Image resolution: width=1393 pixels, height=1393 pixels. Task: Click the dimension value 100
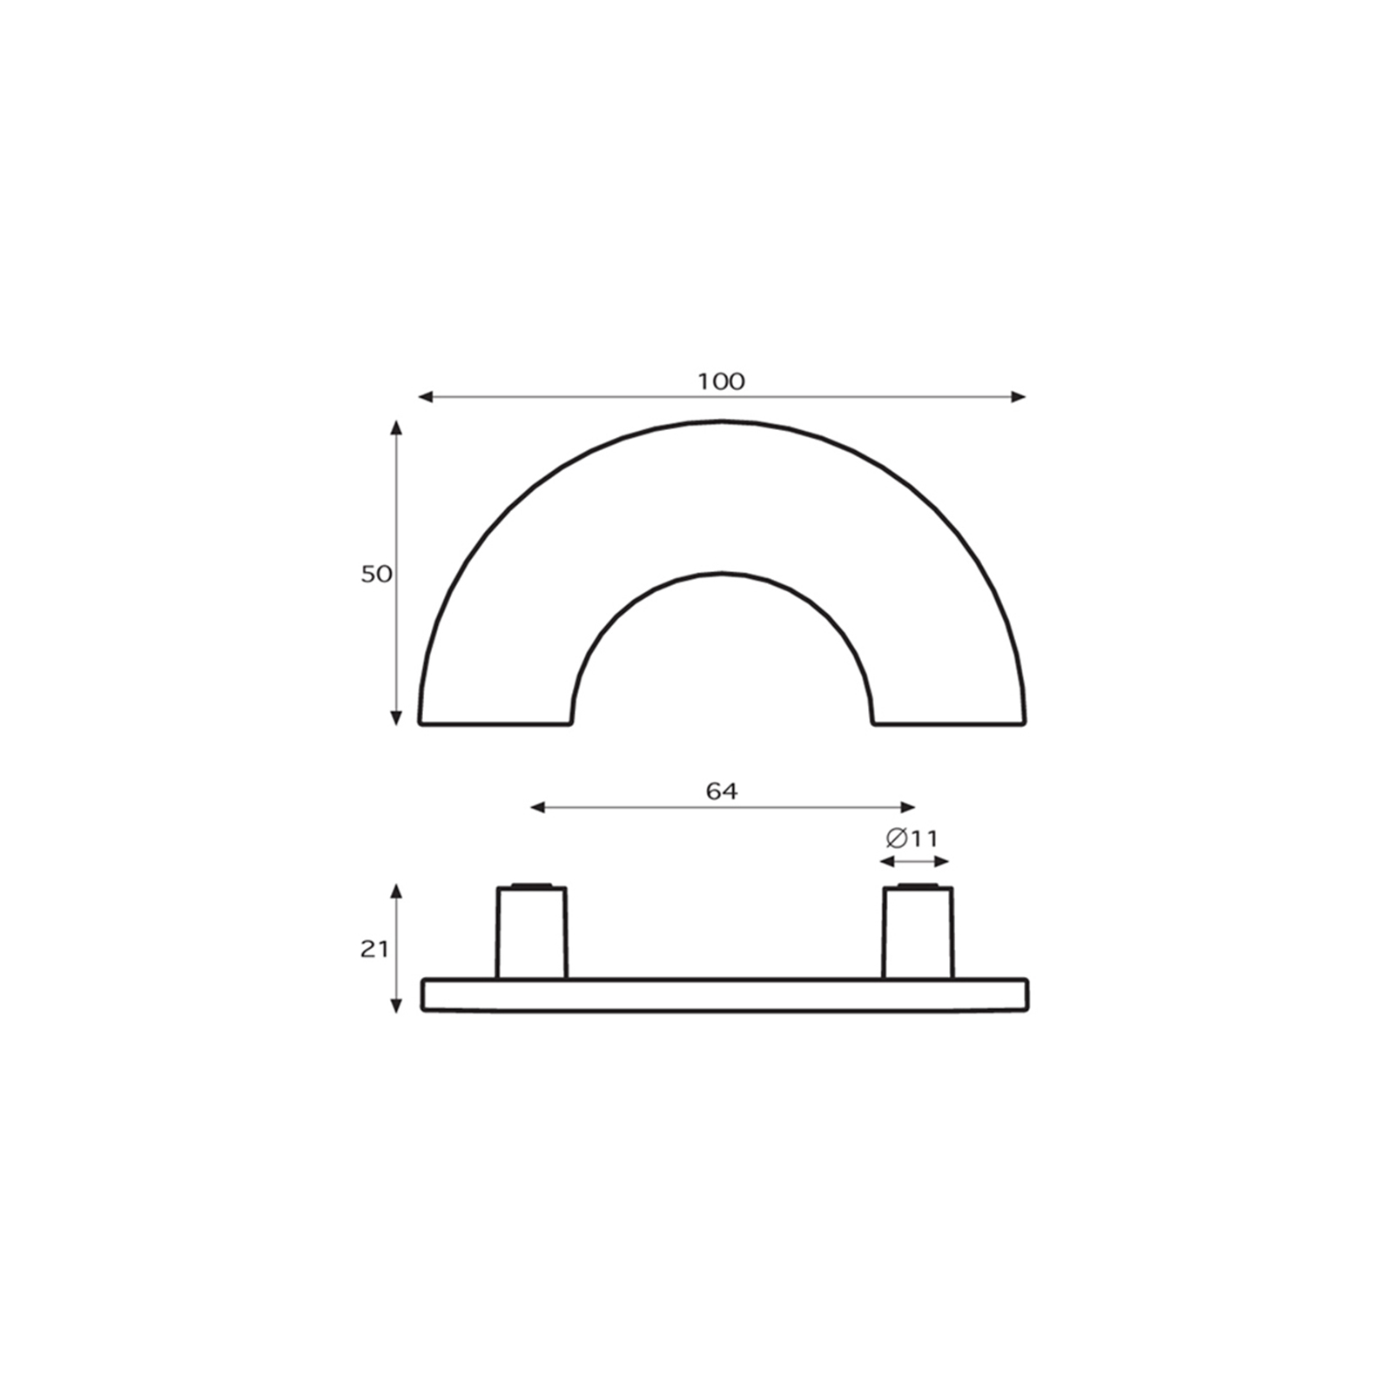pyautogui.click(x=721, y=381)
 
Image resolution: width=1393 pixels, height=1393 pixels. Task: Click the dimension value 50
pyautogui.click(x=376, y=575)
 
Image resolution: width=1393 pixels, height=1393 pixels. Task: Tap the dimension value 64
pyautogui.click(x=722, y=791)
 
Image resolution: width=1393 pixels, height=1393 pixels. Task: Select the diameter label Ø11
pyautogui.click(x=912, y=838)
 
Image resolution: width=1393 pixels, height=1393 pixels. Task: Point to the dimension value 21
pyautogui.click(x=374, y=950)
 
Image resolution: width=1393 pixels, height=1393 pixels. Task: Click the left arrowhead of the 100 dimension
pyautogui.click(x=425, y=397)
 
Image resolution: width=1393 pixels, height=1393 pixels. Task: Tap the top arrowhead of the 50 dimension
pyautogui.click(x=396, y=427)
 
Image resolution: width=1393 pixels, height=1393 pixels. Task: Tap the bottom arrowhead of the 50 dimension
pyautogui.click(x=396, y=718)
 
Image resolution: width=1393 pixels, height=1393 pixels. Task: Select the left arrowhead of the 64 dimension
pyautogui.click(x=537, y=808)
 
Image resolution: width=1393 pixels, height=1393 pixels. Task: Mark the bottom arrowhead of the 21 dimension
pyautogui.click(x=396, y=1006)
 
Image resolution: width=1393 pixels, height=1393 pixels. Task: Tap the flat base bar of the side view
pyautogui.click(x=723, y=994)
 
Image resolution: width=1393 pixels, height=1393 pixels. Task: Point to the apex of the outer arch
pyautogui.click(x=722, y=422)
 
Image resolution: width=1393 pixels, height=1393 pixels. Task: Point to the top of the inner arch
pyautogui.click(x=722, y=573)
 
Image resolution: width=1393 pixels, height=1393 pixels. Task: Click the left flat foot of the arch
pyautogui.click(x=495, y=723)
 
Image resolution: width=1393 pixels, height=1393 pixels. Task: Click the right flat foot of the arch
pyautogui.click(x=949, y=723)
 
